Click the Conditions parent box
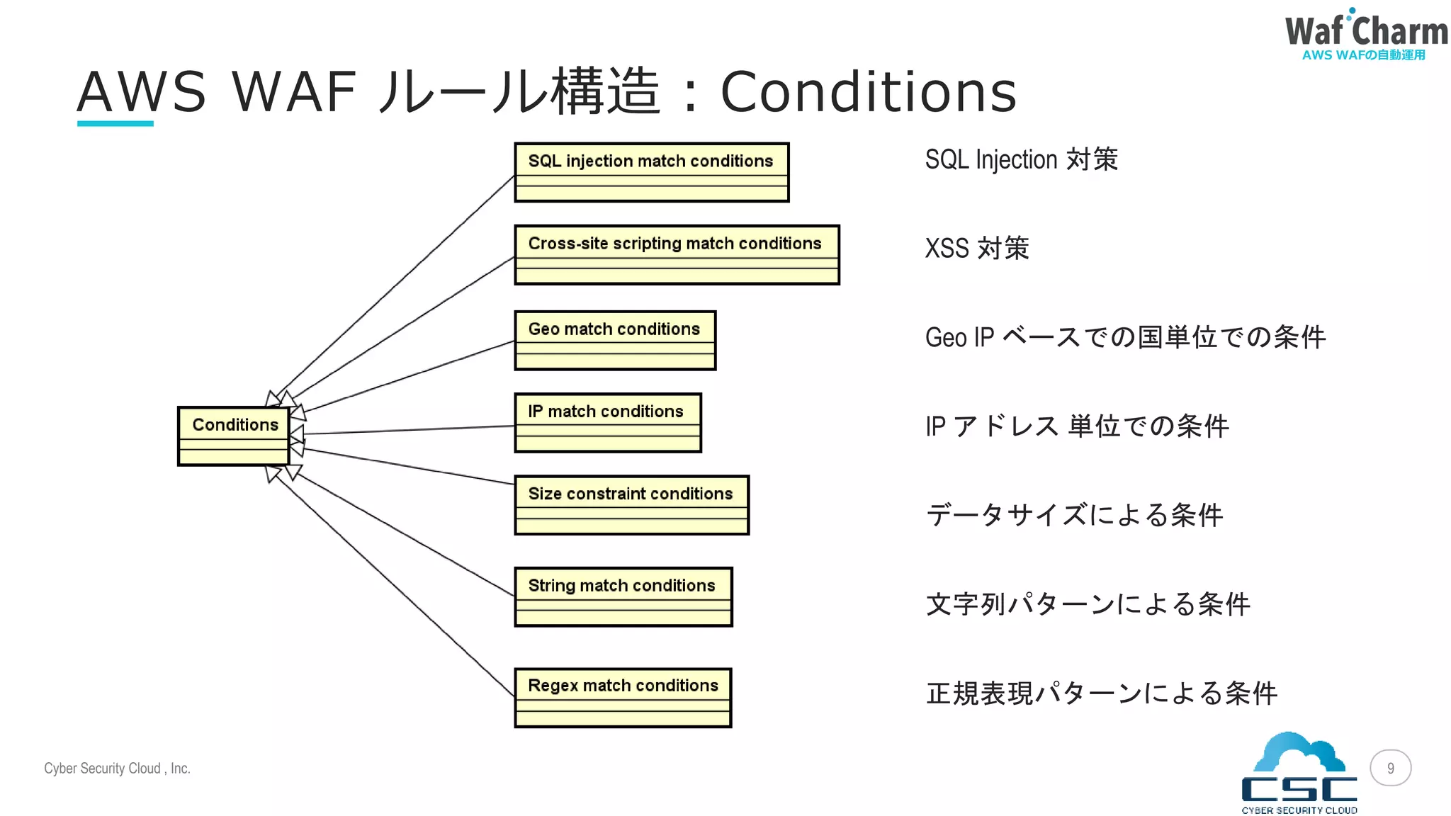[234, 436]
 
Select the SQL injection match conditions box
[651, 172]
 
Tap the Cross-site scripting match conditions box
[677, 255]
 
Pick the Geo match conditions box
[615, 340]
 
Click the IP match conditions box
[607, 423]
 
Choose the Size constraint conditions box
[631, 505]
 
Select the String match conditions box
[623, 596]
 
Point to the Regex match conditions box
[623, 698]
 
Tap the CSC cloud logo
[1299, 773]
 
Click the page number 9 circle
[1390, 768]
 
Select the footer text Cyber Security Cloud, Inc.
[117, 769]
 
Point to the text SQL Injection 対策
[1021, 159]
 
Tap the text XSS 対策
[976, 249]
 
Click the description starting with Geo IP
[1124, 337]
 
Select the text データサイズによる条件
[1074, 515]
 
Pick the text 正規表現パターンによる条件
[1101, 693]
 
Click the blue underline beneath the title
[115, 124]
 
